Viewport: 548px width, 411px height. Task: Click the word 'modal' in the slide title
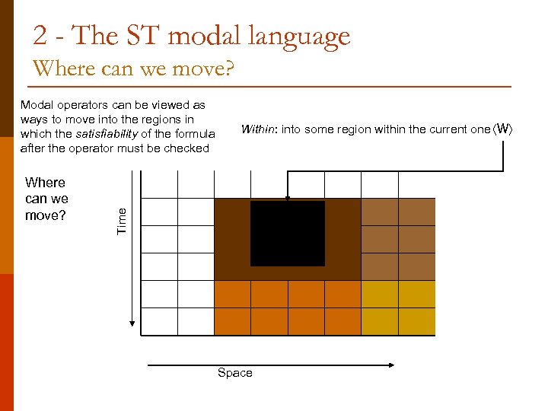205,36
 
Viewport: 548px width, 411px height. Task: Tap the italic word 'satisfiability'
106,134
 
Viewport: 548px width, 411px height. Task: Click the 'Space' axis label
234,373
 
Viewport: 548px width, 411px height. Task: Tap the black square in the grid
287,234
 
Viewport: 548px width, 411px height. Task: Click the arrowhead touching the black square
287,198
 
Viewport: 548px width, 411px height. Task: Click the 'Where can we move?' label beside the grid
46,199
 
